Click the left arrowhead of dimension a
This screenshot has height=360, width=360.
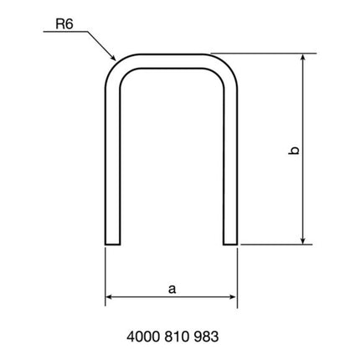pos(111,297)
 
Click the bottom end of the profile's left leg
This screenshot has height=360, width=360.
pos(113,244)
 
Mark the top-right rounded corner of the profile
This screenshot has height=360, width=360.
pos(227,66)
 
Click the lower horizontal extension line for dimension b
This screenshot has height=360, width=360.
pos(276,244)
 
